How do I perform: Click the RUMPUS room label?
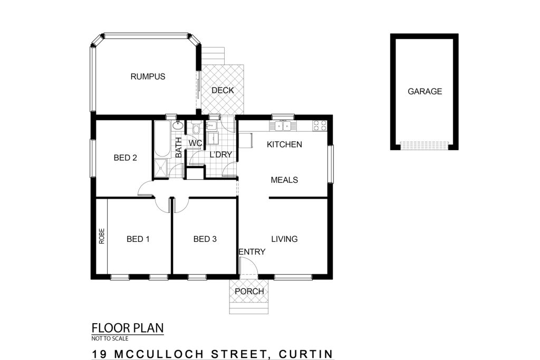[148, 76]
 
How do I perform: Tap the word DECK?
[223, 90]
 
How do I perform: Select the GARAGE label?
[425, 91]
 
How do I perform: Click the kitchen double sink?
[283, 126]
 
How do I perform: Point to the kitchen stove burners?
[320, 125]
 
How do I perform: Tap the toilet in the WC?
[196, 128]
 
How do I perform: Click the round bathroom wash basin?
[178, 125]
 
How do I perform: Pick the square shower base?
[160, 168]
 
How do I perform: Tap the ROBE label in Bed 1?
[102, 237]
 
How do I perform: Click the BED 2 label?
[126, 158]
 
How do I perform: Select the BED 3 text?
[205, 239]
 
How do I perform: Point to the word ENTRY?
[252, 251]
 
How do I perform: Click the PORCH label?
[249, 291]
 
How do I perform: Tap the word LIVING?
[284, 239]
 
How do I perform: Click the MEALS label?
[284, 180]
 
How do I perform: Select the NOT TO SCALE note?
[110, 338]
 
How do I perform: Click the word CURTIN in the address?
[306, 354]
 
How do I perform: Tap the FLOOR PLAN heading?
[128, 328]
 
